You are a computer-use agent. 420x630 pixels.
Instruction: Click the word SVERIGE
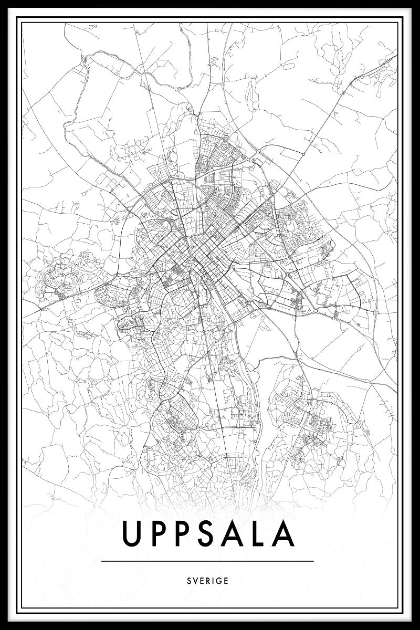click(207, 581)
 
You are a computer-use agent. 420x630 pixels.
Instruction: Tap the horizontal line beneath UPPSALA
click(207, 561)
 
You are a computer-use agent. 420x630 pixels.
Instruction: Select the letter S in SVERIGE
click(188, 581)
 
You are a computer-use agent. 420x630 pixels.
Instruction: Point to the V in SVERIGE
click(195, 581)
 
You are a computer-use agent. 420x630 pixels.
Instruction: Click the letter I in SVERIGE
click(213, 581)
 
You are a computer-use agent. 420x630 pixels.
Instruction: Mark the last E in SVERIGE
click(226, 581)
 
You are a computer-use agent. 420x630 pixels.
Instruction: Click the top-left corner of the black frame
click(2, 2)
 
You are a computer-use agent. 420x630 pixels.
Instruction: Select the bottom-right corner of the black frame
click(417, 627)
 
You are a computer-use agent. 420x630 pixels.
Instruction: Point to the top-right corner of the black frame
click(417, 2)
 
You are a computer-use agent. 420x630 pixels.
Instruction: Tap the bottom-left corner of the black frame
click(2, 627)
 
